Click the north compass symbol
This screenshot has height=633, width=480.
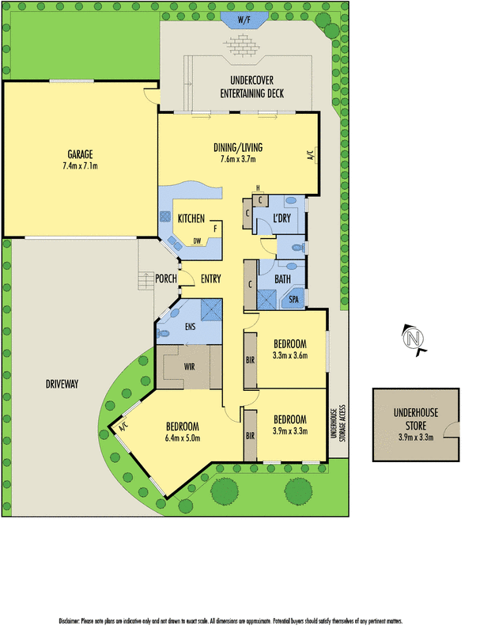tap(412, 338)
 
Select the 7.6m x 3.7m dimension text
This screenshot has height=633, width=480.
tap(238, 160)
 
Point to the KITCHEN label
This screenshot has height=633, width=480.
tap(191, 218)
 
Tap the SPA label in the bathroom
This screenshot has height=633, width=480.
tap(293, 300)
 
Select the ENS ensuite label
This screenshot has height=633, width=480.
tap(190, 325)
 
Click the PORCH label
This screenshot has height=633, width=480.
tap(166, 278)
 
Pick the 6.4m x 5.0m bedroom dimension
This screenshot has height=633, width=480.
tap(183, 438)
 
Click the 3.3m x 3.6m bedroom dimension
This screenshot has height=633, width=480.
tap(290, 355)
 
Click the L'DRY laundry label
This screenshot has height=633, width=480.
tap(282, 218)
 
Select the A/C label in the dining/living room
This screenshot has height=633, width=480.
tap(311, 154)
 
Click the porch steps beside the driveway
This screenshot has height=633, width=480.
tap(146, 281)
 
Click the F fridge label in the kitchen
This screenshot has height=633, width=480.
tap(214, 229)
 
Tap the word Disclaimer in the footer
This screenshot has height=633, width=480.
tap(74, 621)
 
